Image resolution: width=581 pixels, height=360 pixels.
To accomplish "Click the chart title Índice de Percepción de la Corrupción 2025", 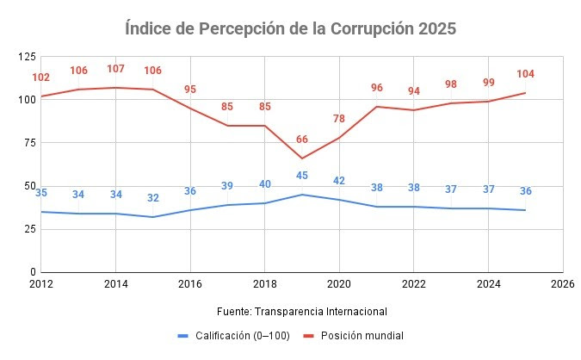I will (290, 28).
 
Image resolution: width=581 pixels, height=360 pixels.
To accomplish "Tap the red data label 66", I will (301, 140).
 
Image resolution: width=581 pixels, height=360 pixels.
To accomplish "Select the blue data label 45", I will (301, 177).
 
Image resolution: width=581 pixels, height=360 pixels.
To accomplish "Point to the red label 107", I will (116, 69).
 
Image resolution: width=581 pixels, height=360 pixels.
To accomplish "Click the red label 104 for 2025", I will (525, 74).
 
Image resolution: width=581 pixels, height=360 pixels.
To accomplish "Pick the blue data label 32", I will (153, 198).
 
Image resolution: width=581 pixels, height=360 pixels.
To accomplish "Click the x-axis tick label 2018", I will (264, 282).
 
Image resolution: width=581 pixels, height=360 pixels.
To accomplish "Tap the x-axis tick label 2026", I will (562, 282).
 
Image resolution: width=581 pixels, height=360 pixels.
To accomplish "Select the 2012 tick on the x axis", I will (41, 282).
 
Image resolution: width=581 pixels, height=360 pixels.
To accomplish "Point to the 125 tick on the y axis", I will (26, 57).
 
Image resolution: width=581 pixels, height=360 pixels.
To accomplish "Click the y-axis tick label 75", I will (28, 143).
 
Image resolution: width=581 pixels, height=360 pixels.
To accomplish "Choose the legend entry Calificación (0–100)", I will (235, 335).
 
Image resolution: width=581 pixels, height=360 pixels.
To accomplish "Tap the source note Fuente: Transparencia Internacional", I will (303, 311).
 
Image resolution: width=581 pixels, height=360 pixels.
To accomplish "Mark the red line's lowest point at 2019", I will (301, 158).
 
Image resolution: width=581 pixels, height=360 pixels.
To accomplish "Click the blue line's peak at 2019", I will (301, 195).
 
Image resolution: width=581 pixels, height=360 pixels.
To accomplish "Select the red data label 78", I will (338, 119).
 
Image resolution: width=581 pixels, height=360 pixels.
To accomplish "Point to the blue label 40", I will (264, 184).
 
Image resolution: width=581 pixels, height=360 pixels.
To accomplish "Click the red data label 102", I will (41, 78).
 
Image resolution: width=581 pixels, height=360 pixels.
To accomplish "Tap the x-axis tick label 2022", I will (413, 282).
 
